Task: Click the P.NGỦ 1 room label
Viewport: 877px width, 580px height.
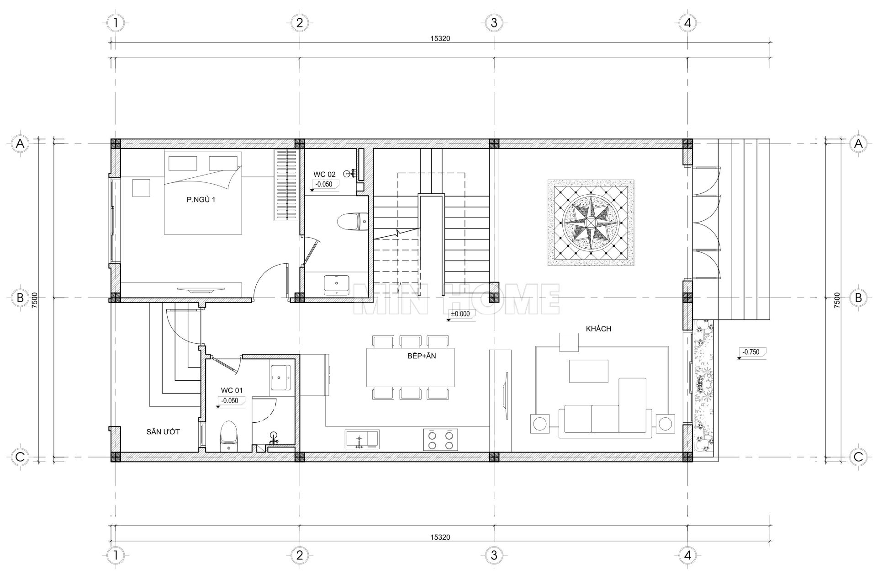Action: tap(201, 199)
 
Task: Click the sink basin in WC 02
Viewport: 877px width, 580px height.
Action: tap(336, 285)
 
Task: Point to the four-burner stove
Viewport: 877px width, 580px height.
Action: tap(440, 439)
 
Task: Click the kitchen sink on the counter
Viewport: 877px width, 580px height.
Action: tap(362, 439)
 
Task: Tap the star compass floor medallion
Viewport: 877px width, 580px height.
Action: tap(591, 223)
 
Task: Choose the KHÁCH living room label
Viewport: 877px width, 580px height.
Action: tap(598, 329)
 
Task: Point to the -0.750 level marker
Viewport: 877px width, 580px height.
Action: tap(751, 352)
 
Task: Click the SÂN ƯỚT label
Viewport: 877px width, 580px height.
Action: tap(163, 431)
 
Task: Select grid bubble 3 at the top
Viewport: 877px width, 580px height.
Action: tap(494, 22)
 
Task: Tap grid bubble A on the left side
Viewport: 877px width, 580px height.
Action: tap(20, 144)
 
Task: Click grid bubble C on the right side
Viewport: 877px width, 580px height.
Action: tap(858, 456)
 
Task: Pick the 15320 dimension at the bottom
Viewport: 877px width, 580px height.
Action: tap(440, 537)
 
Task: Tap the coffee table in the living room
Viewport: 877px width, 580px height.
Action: tap(588, 371)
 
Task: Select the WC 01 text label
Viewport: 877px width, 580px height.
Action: tap(232, 390)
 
